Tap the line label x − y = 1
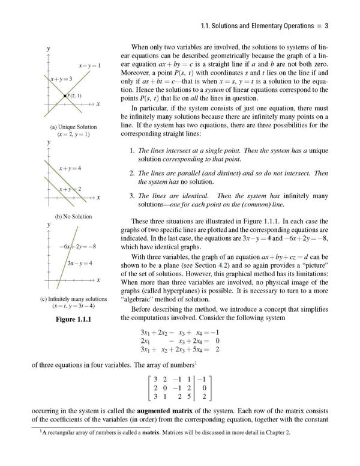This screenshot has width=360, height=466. click(x=90, y=64)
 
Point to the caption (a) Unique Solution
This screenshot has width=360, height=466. click(x=74, y=127)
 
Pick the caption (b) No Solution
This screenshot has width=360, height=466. click(x=73, y=216)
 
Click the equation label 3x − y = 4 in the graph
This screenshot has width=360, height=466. click(x=79, y=263)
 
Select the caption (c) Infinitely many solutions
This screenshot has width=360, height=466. click(x=73, y=299)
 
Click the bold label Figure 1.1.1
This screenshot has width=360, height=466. click(x=73, y=318)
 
